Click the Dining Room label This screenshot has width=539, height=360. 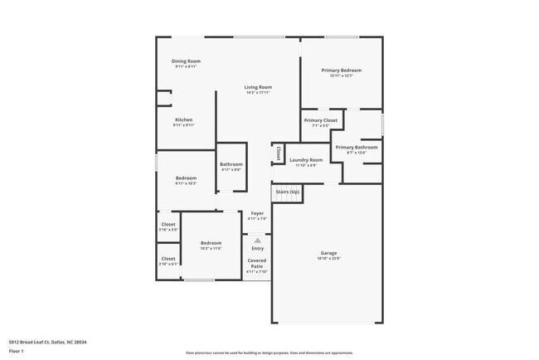tap(186, 61)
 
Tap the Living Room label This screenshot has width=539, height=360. tap(258, 87)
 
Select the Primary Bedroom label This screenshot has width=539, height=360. tap(342, 71)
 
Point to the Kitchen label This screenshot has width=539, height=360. tap(183, 119)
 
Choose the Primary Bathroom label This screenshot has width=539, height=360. tap(357, 147)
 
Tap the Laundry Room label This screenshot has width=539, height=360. tap(306, 159)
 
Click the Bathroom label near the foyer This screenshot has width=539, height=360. tap(231, 164)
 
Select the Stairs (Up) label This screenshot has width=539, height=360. tap(288, 192)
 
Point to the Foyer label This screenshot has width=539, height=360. tap(257, 213)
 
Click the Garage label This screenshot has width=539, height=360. tap(329, 253)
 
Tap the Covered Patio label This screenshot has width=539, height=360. tap(257, 264)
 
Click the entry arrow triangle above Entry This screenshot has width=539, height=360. tap(257, 240)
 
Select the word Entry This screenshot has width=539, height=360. tap(258, 248)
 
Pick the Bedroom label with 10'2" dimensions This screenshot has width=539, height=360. tap(211, 243)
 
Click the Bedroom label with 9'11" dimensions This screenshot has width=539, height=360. tap(186, 178)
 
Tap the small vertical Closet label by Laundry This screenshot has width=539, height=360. tap(278, 153)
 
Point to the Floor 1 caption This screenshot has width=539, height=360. tap(17, 351)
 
